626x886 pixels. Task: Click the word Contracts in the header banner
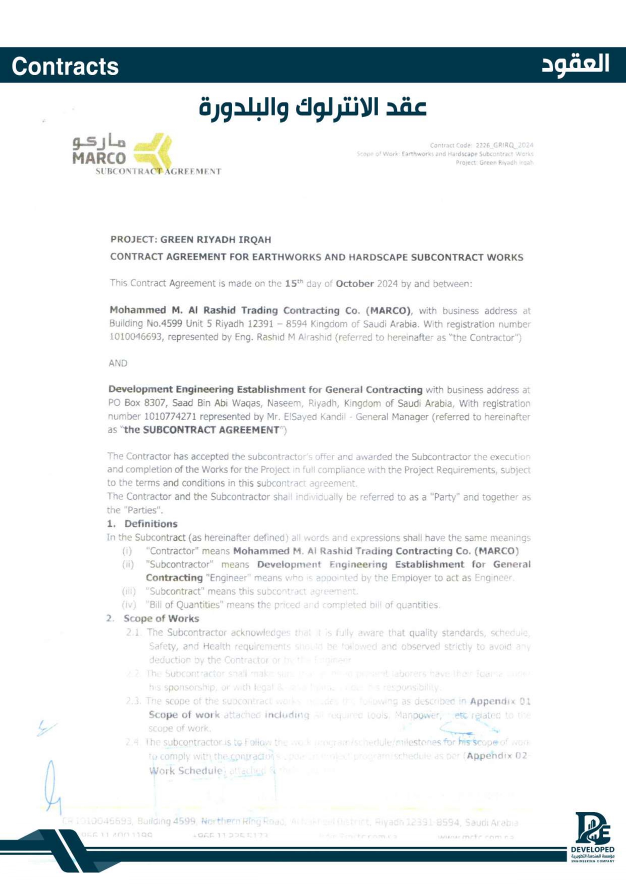pyautogui.click(x=65, y=67)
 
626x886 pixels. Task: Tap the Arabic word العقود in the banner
pyautogui.click(x=575, y=65)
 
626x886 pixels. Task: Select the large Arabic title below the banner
pyautogui.click(x=312, y=107)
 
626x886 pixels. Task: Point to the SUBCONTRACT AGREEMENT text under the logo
pyautogui.click(x=158, y=172)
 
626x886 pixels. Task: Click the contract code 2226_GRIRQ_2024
pyautogui.click(x=504, y=145)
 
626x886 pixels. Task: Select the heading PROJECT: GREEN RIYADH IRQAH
pyautogui.click(x=191, y=240)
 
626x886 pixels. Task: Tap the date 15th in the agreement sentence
pyautogui.click(x=293, y=283)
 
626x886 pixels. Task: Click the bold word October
pyautogui.click(x=354, y=284)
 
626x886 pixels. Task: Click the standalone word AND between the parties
pyautogui.click(x=118, y=363)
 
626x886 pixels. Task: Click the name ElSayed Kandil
pyautogui.click(x=315, y=417)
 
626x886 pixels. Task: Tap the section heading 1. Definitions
pyautogui.click(x=142, y=524)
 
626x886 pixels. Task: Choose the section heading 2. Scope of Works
pyautogui.click(x=153, y=618)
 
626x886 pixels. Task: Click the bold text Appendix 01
pyautogui.click(x=500, y=701)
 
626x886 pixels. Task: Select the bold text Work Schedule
pyautogui.click(x=186, y=771)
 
